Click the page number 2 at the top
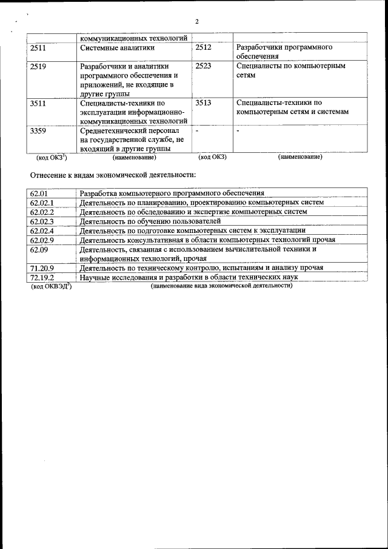197,22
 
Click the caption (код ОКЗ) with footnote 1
51,158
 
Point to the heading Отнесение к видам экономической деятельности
113,175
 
